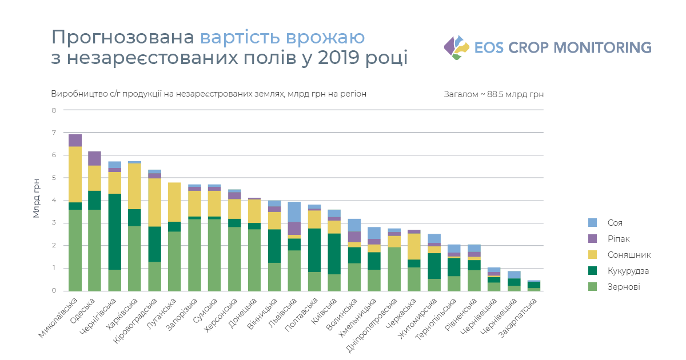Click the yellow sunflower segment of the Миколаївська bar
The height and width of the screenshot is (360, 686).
coord(75,174)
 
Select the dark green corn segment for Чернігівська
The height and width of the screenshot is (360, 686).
coord(115,231)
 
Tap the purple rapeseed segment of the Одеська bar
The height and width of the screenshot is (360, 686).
coord(95,158)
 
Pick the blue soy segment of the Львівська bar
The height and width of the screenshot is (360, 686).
coord(294,211)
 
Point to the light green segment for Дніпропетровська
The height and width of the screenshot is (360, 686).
coord(394,269)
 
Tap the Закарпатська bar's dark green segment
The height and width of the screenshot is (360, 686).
coord(534,285)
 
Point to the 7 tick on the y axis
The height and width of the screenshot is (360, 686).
coord(55,133)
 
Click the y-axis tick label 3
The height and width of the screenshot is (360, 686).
coord(55,223)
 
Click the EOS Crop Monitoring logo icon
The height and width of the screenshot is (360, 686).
coord(456,47)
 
